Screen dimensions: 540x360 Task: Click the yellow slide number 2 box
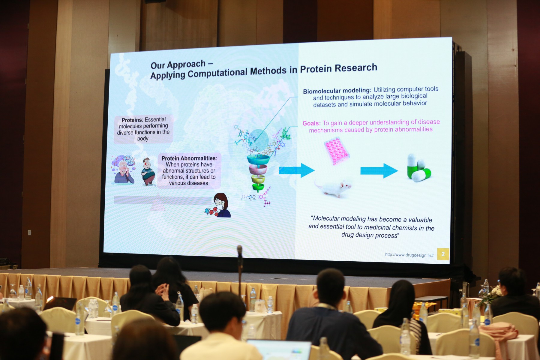click(x=443, y=254)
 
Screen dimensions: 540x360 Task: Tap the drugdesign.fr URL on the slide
click(x=409, y=255)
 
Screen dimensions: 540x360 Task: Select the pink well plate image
click(x=337, y=151)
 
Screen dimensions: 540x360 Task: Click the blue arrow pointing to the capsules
click(x=379, y=171)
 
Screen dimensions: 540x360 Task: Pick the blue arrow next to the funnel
click(x=296, y=170)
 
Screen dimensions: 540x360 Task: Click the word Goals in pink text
click(x=311, y=123)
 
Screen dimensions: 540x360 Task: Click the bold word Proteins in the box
click(x=132, y=120)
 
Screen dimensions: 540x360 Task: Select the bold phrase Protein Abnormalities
click(x=189, y=158)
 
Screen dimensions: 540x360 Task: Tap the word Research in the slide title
click(x=356, y=68)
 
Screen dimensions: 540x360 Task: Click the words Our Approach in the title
click(x=178, y=64)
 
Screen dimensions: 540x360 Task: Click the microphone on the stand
click(x=240, y=251)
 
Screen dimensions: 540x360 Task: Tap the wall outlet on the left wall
click(x=29, y=232)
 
